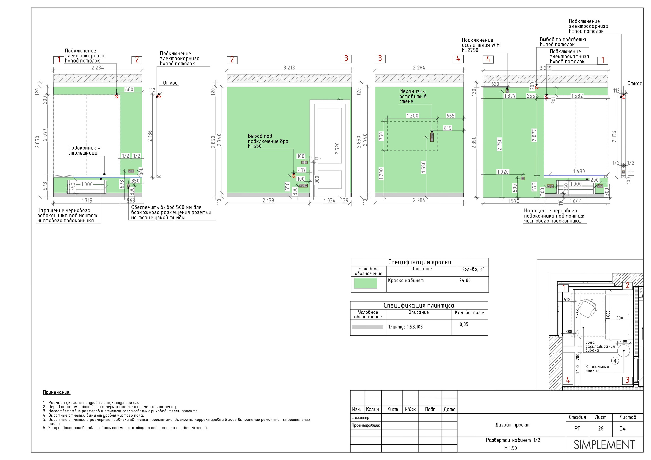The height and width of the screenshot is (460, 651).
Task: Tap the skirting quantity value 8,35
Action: click(x=464, y=324)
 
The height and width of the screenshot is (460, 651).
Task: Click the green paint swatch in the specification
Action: click(x=365, y=283)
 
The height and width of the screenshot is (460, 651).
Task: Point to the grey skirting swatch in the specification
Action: click(x=367, y=327)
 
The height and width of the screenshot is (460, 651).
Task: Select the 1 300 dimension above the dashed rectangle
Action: click(x=412, y=116)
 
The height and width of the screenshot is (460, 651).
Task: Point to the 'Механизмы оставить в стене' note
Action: click(x=413, y=96)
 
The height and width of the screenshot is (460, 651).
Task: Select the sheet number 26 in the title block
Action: click(x=601, y=428)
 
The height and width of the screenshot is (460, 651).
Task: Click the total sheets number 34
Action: click(x=623, y=428)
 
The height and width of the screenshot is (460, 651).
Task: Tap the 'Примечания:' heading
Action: click(x=57, y=392)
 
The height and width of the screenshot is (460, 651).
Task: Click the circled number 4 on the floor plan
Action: click(x=615, y=361)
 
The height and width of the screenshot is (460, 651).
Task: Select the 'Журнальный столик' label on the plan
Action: click(x=597, y=369)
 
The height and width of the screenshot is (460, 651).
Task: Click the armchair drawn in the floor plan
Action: click(x=587, y=307)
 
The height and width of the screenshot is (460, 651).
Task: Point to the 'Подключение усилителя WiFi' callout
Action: click(x=481, y=45)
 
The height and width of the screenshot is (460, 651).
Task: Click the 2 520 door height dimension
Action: click(x=337, y=148)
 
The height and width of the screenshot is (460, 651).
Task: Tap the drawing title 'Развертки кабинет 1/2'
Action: click(x=513, y=440)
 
